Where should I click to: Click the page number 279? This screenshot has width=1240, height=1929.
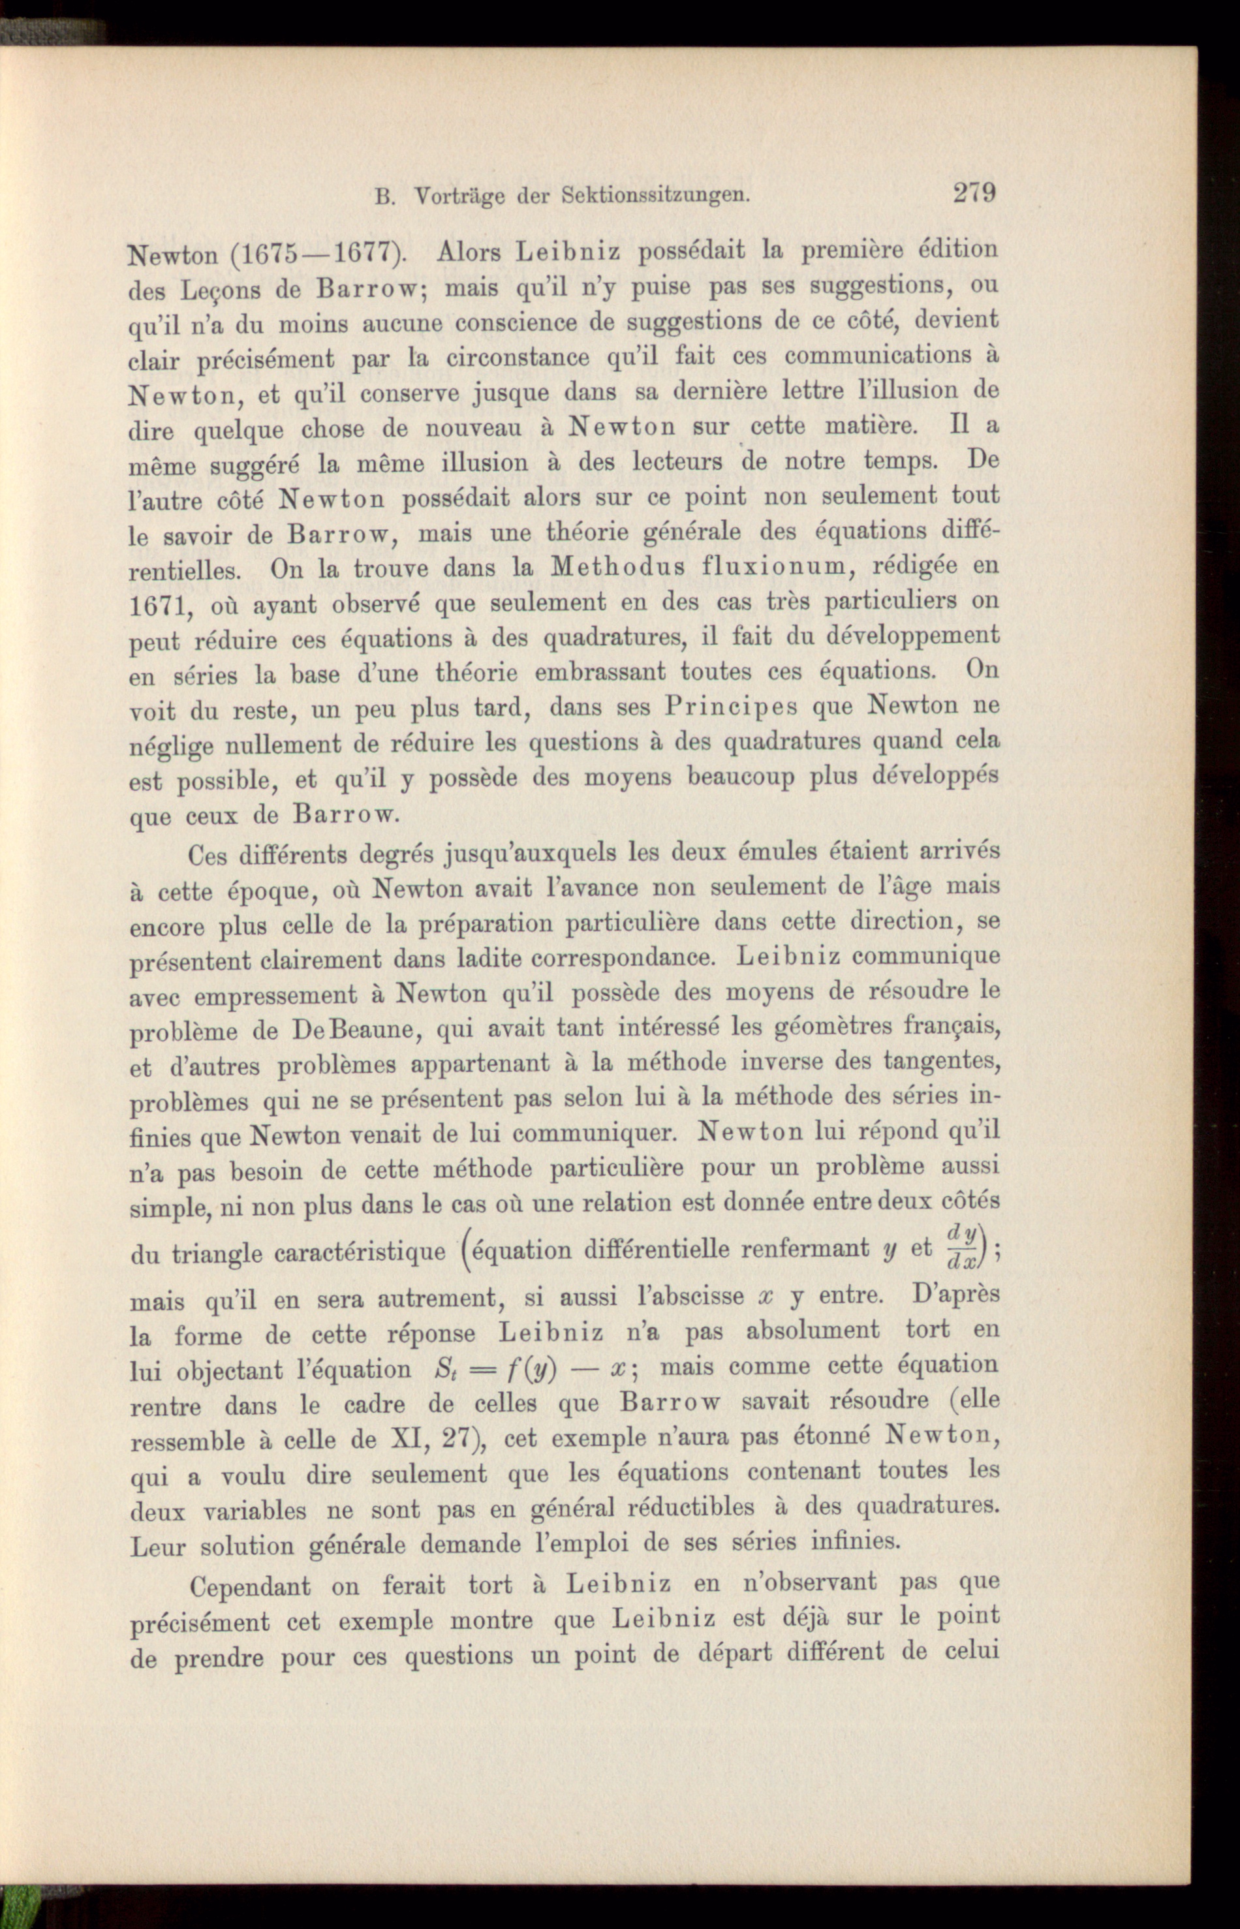974,193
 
